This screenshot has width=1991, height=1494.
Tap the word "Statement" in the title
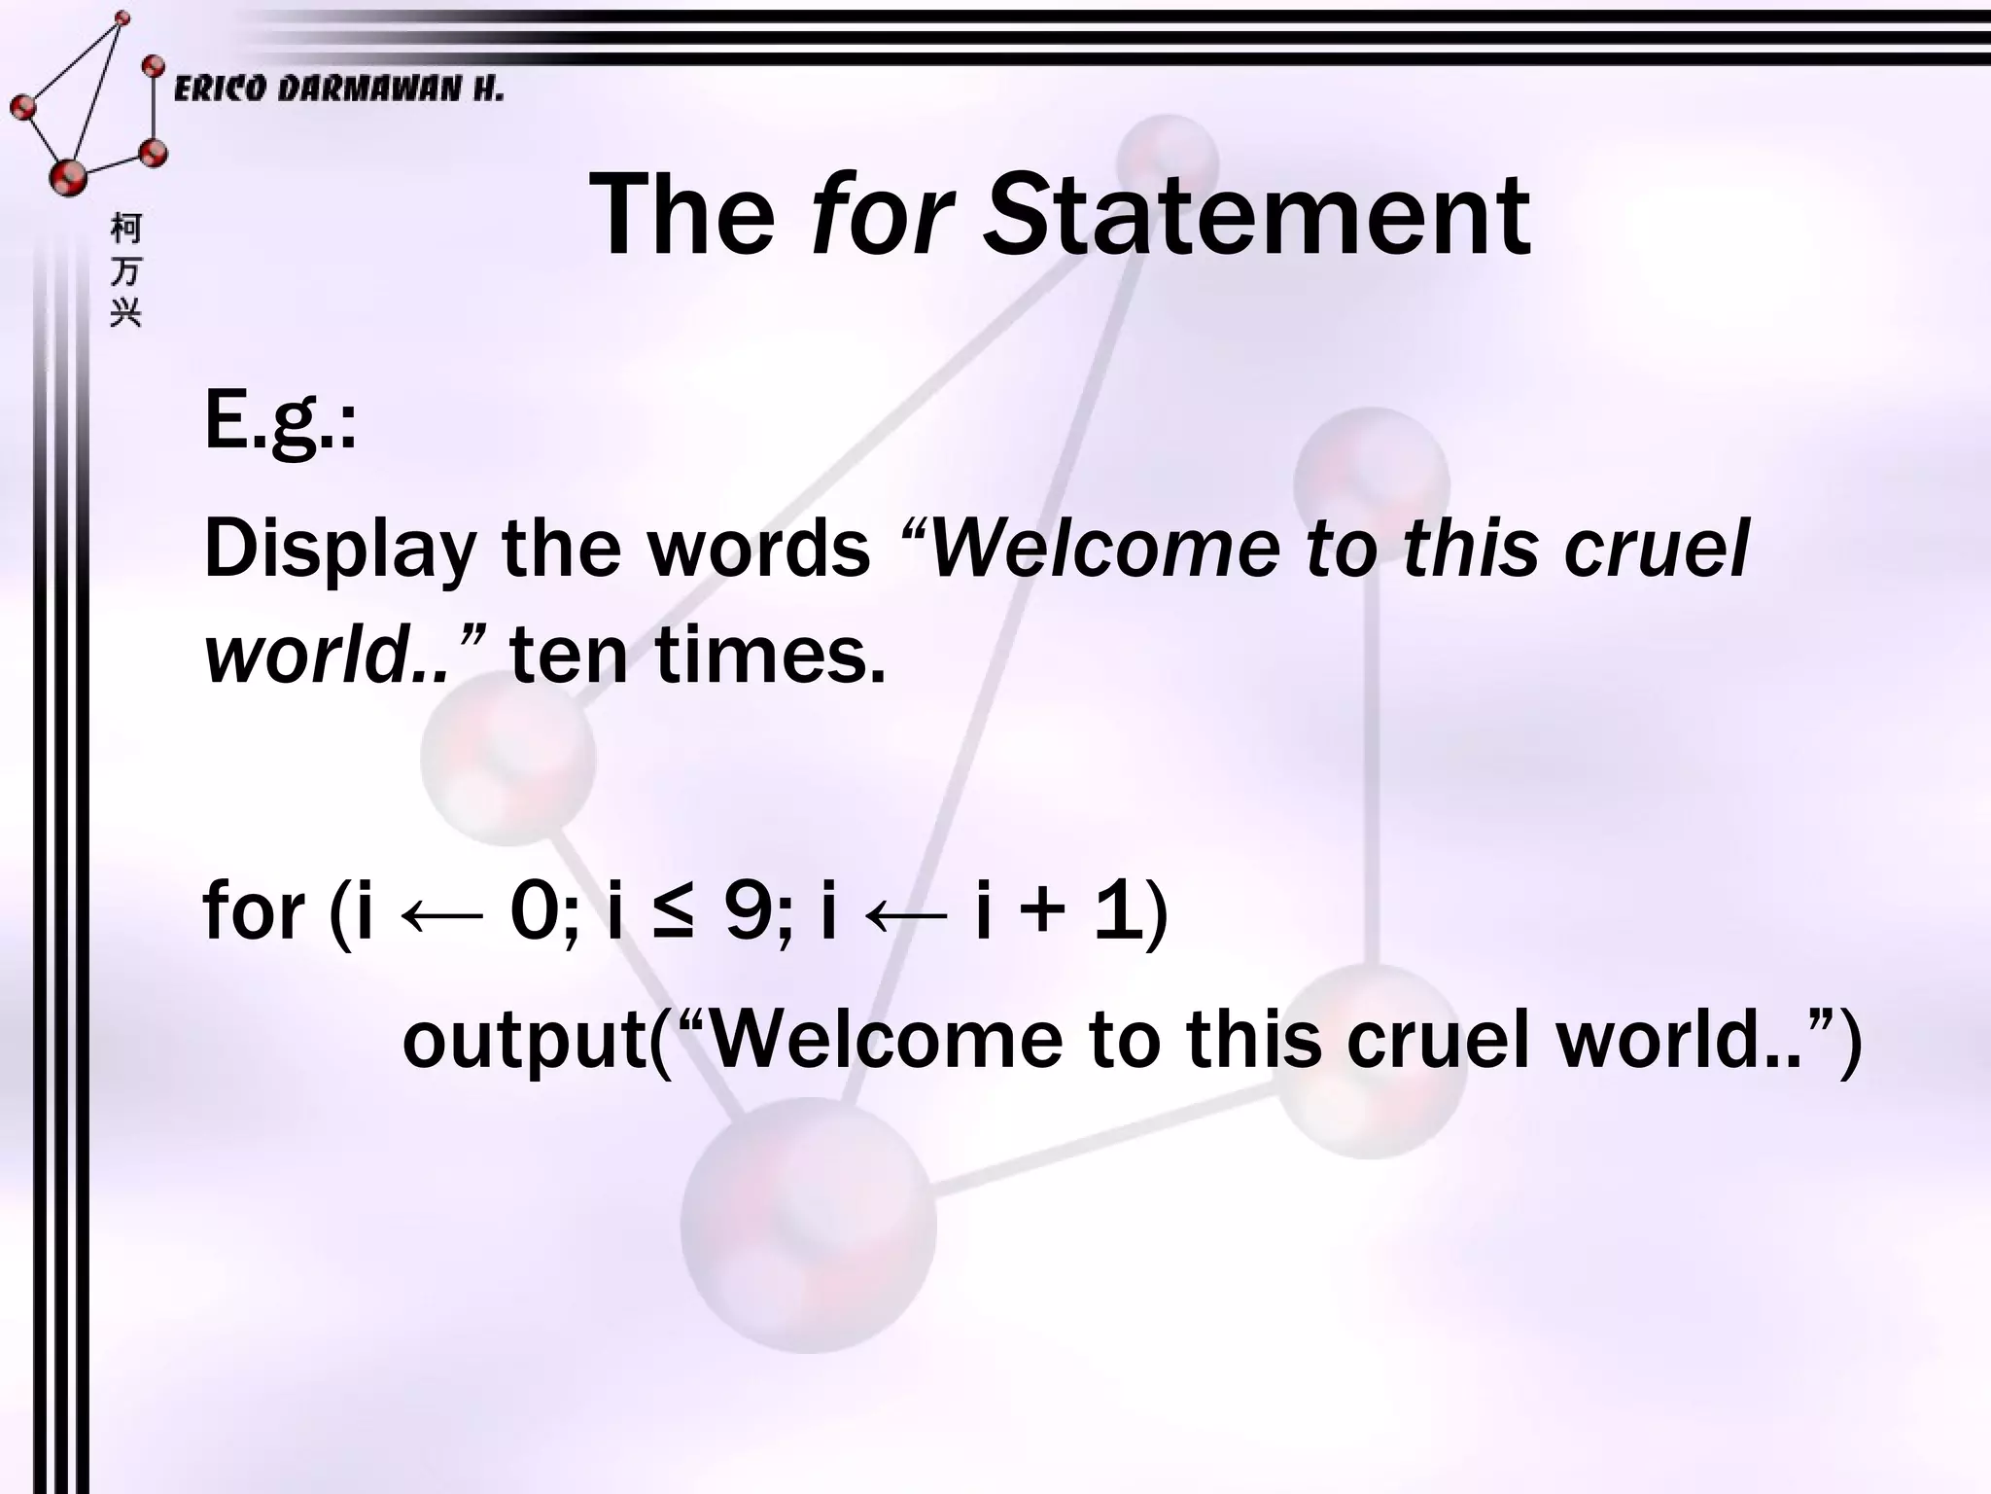click(x=1256, y=215)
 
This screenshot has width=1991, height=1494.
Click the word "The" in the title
click(x=682, y=215)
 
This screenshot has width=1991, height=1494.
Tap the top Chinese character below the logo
click(x=125, y=229)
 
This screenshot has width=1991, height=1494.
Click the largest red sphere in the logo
click(x=68, y=177)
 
